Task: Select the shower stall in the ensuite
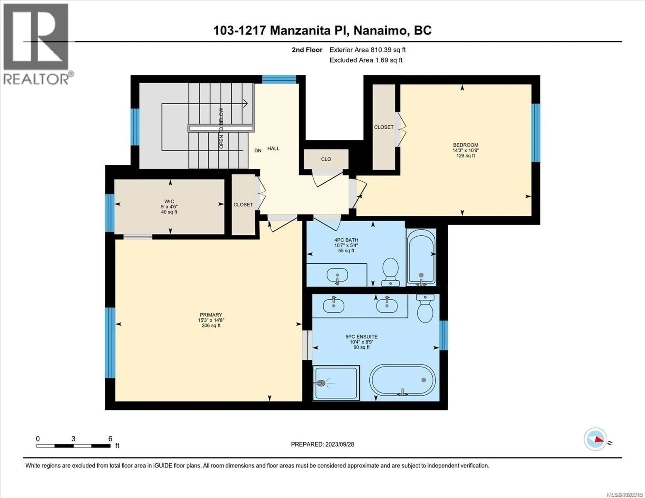tap(336, 383)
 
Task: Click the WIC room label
tap(169, 201)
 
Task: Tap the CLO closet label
tap(326, 159)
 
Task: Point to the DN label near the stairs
tap(258, 151)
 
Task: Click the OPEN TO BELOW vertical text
tap(221, 128)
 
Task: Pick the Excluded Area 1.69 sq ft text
tap(366, 60)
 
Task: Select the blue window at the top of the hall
tap(279, 79)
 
